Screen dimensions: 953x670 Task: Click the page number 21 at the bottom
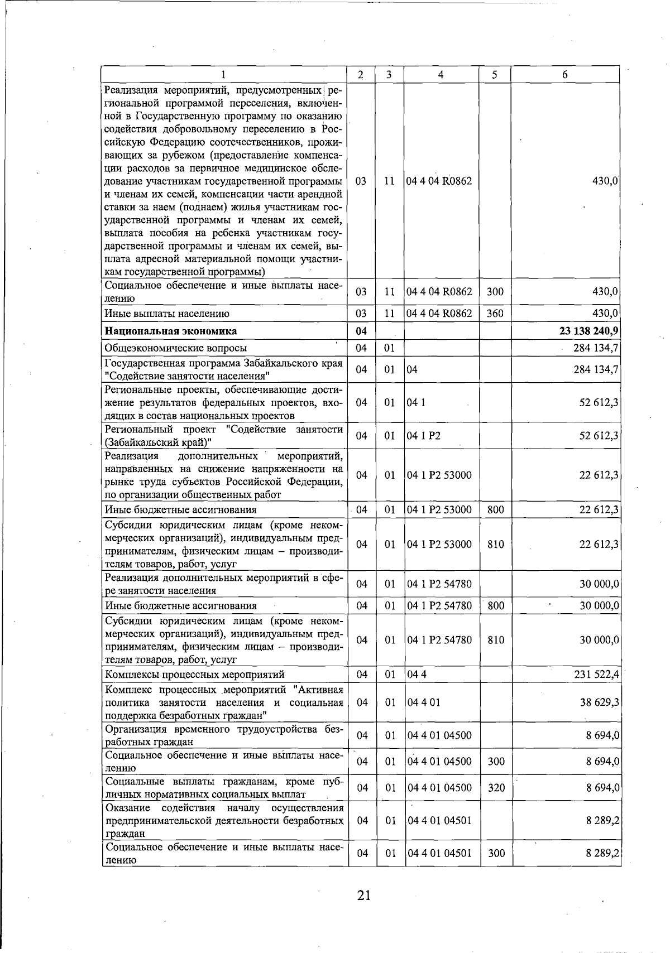pos(363,896)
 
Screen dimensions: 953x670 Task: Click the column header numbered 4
pos(441,75)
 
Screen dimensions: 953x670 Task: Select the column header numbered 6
pos(565,75)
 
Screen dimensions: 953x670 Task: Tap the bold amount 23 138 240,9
pos(588,331)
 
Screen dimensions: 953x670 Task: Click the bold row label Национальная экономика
pos(171,331)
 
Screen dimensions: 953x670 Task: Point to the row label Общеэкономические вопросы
pos(176,348)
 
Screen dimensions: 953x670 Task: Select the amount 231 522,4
pos(596,675)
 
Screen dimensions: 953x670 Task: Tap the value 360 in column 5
pos(495,314)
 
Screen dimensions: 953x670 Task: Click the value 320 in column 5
pos(496,788)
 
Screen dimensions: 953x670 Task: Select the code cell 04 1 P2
pos(424,436)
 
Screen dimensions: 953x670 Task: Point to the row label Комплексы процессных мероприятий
pos(195,675)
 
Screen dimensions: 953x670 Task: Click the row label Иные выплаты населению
pos(167,314)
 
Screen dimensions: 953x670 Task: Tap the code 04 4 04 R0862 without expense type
pos(439,181)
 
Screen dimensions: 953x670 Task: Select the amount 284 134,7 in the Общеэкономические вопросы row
pos(596,348)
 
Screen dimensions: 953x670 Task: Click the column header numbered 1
pos(223,75)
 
